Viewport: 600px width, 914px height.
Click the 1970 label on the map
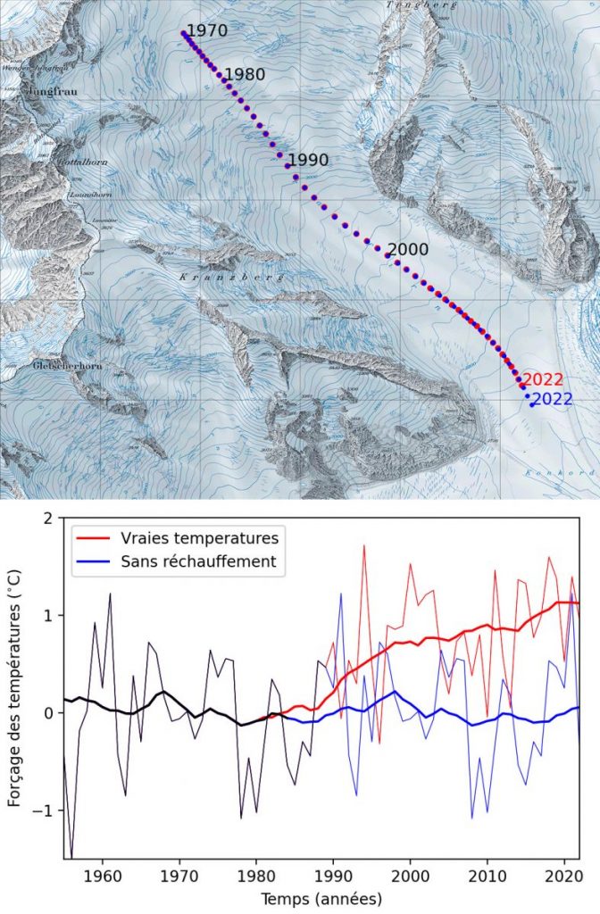coord(208,30)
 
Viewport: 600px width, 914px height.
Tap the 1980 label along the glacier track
coord(245,74)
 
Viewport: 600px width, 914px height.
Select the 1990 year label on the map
coord(308,160)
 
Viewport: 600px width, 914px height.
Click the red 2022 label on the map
coord(544,379)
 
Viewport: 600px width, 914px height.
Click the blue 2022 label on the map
coord(552,399)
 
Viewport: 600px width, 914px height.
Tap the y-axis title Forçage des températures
coord(15,687)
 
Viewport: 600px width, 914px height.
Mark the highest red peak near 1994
coord(364,546)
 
